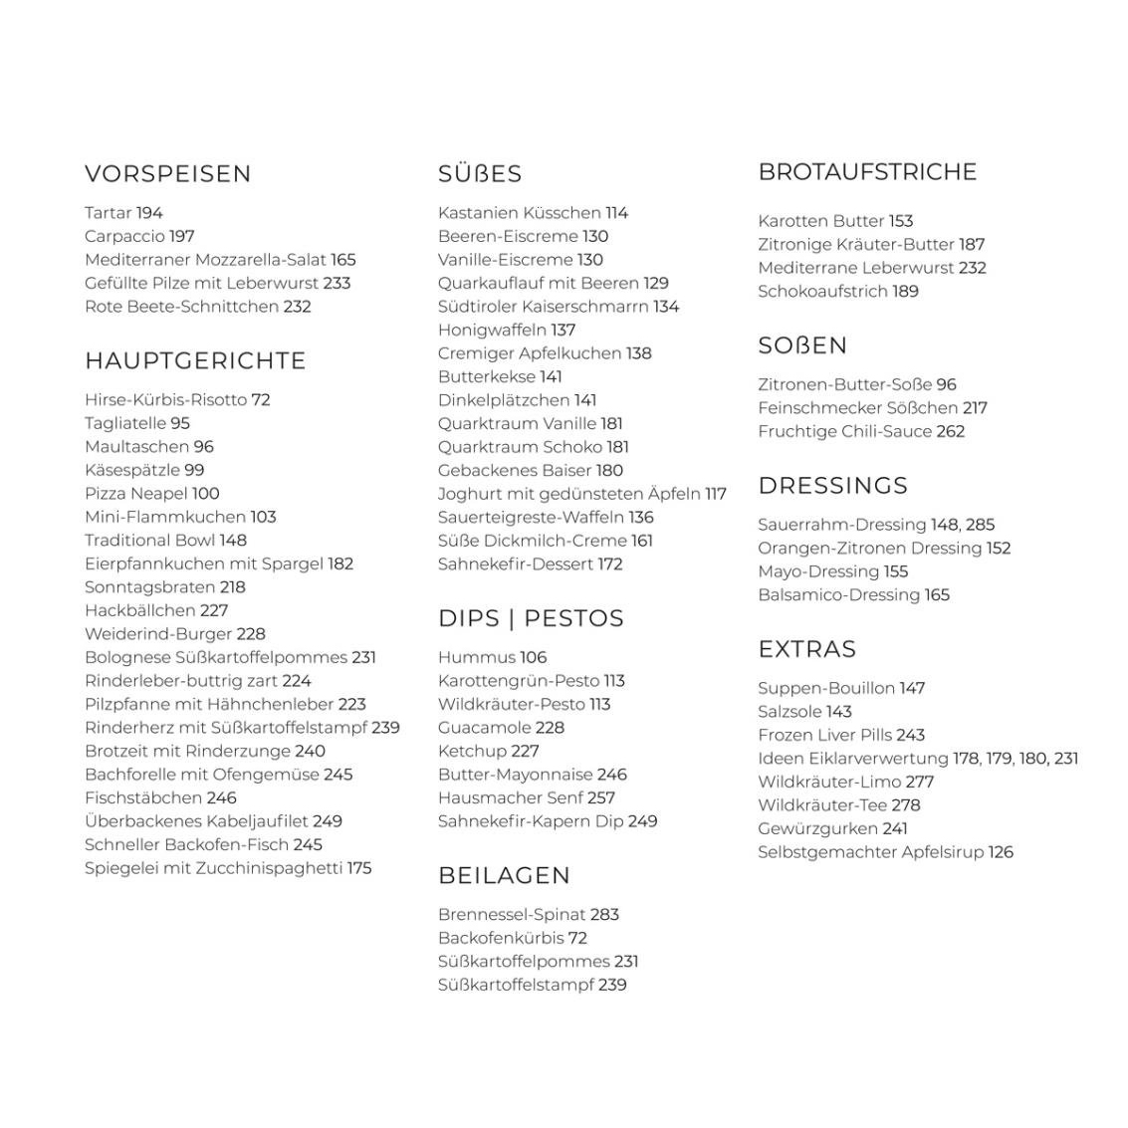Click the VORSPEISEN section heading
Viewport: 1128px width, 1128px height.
[x=167, y=173]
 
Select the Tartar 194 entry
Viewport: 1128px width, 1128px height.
[x=123, y=213]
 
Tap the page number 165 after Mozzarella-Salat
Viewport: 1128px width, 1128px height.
[x=342, y=260]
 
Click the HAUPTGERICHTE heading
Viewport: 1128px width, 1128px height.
[x=195, y=360]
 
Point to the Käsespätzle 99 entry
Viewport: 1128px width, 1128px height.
[x=144, y=470]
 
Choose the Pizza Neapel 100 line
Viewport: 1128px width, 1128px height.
[x=151, y=494]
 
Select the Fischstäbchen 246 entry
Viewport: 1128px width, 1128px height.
[x=160, y=797]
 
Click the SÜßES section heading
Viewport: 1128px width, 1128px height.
[x=480, y=173]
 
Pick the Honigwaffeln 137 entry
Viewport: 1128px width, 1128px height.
[x=507, y=330]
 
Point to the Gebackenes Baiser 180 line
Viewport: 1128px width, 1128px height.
[x=531, y=470]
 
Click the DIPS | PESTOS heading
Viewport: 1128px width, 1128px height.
[x=531, y=618]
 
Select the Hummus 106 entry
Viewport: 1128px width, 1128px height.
[x=492, y=657]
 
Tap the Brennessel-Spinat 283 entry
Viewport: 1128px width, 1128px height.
[x=528, y=914]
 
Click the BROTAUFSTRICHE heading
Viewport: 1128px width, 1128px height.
[x=867, y=171]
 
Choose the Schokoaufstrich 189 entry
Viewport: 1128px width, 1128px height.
[x=837, y=291]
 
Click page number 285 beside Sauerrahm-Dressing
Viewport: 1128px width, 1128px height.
[x=980, y=525]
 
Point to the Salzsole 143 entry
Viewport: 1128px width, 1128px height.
[x=804, y=711]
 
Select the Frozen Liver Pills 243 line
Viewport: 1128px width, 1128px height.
[x=841, y=735]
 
